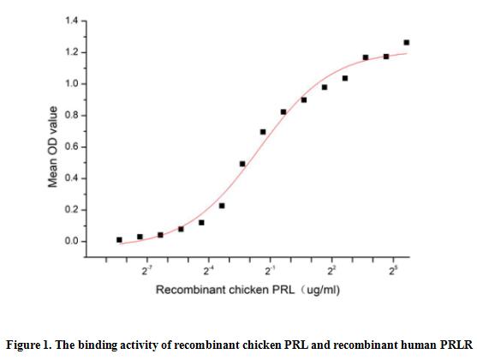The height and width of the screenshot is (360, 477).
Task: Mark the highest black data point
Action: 407,42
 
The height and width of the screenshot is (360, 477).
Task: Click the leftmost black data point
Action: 119,240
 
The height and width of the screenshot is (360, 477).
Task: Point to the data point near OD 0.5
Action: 242,164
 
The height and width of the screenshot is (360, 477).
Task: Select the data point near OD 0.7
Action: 263,132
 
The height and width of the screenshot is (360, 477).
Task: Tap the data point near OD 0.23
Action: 222,206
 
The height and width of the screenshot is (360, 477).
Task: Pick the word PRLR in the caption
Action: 454,345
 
